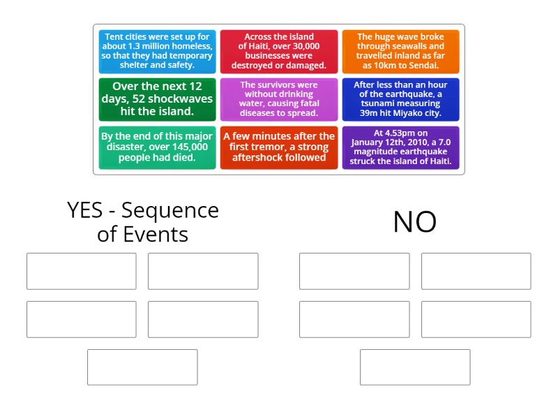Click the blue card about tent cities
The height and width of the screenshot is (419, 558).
[158, 52]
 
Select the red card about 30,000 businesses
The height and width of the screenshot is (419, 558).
[279, 52]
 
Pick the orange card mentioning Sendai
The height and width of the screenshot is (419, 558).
[400, 52]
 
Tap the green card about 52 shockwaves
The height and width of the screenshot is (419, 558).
[158, 99]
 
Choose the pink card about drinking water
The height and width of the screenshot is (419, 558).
[279, 99]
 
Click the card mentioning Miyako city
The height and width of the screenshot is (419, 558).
[400, 99]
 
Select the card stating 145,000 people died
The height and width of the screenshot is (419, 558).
[158, 147]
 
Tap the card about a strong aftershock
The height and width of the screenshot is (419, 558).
[279, 147]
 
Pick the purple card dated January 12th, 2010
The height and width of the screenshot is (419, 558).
[400, 147]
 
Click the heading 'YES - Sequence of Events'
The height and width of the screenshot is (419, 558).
[142, 222]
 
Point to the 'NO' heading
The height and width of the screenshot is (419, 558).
[415, 222]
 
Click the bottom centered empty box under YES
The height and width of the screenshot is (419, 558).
[142, 367]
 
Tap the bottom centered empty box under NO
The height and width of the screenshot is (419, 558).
[415, 367]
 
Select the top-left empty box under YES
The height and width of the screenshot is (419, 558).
[82, 271]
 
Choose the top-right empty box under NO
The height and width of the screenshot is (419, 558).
[476, 271]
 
